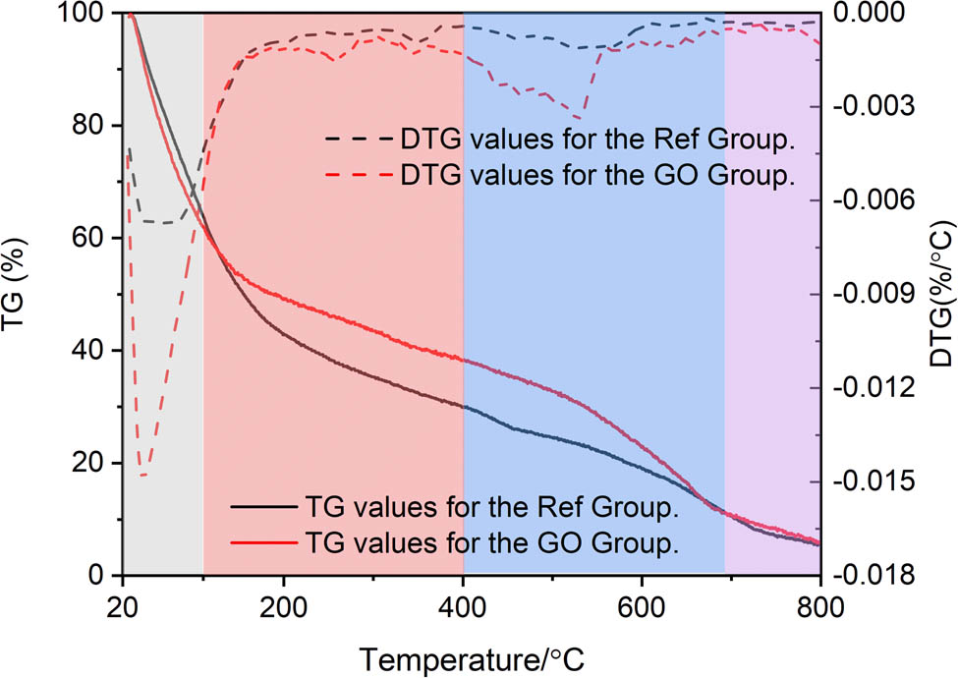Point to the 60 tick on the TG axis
coord(95,238)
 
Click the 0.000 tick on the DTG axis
coord(869,13)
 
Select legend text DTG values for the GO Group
coord(596,177)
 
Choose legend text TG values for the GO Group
coord(492,542)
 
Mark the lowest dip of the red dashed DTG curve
coord(142,476)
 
